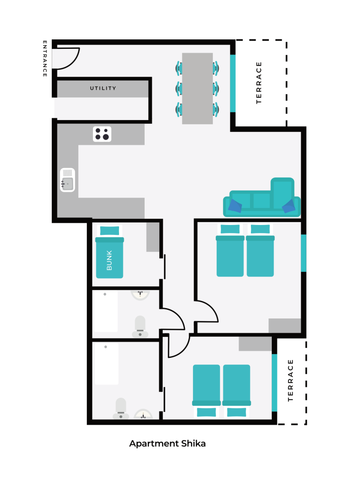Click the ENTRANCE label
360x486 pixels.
coord(45,58)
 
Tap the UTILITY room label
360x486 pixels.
coord(103,88)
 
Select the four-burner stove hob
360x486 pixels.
coord(102,134)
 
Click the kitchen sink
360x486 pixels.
coord(67,180)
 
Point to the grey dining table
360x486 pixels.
coord(197,88)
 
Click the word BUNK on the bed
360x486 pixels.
coord(110,261)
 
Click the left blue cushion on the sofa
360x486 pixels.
coord(235,206)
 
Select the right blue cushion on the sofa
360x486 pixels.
coord(289,206)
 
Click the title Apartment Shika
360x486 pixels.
coord(167,444)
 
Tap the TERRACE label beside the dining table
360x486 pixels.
coord(259,83)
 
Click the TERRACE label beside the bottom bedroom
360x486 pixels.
coord(290,380)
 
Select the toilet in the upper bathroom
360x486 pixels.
coord(140,327)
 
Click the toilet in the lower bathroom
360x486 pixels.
coord(121,409)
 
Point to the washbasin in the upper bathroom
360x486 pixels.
coord(140,295)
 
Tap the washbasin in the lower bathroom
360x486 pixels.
coord(143,414)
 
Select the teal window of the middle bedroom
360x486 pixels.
coord(304,253)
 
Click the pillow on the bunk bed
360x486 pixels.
coord(110,231)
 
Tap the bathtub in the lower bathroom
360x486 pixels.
coord(107,364)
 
